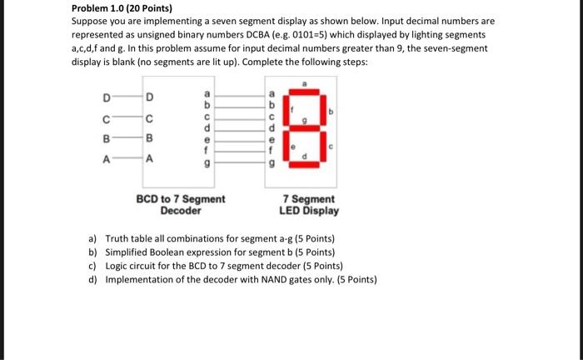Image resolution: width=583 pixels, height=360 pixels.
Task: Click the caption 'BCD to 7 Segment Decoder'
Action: (x=181, y=205)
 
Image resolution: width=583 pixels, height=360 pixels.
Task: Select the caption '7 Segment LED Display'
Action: (x=309, y=205)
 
